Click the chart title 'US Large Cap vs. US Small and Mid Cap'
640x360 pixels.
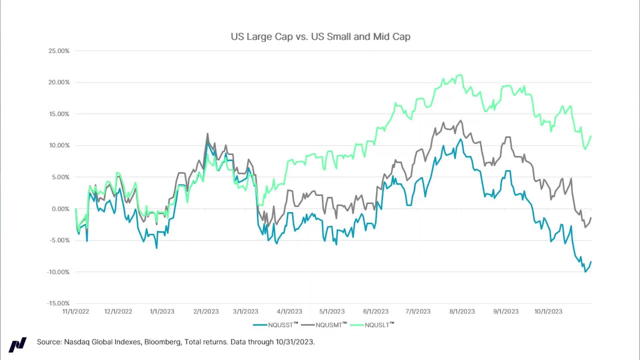click(320, 36)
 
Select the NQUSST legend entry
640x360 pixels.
click(280, 325)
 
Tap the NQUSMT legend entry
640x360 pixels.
click(328, 325)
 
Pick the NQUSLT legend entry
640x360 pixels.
click(376, 325)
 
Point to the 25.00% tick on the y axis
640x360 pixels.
click(58, 51)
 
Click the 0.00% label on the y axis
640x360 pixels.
click(60, 209)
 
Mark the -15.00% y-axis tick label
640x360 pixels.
click(58, 303)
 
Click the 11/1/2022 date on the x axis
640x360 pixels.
click(75, 311)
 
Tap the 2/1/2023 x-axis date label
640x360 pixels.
click(206, 311)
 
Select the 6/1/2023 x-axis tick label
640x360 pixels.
click(375, 311)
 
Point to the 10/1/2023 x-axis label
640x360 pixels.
click(548, 311)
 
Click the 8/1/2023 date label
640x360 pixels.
click(462, 311)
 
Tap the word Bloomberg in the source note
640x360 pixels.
click(162, 342)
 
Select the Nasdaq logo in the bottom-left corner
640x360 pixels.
click(17, 344)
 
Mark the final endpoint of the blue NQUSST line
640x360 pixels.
click(591, 262)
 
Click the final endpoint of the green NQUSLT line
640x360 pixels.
click(591, 136)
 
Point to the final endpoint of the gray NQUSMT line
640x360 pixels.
click(591, 218)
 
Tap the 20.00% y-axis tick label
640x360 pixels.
click(58, 82)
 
